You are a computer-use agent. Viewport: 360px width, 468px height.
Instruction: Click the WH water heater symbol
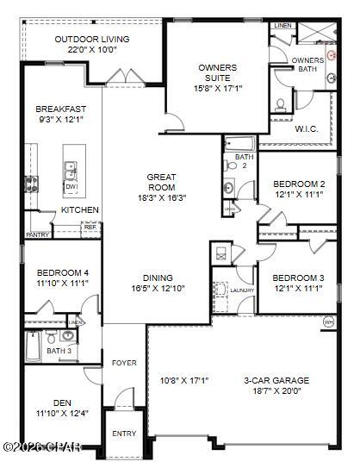point(328,321)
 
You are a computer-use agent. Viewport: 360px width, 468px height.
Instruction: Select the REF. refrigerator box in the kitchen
point(90,228)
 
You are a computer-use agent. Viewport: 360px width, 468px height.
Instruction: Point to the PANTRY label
point(37,234)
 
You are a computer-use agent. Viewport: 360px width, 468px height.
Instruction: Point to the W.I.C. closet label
point(307,129)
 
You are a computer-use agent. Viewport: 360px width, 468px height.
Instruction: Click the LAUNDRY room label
point(242,290)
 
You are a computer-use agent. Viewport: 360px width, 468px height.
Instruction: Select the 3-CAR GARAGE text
point(276,379)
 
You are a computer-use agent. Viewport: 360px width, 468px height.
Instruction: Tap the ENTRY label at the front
point(124,434)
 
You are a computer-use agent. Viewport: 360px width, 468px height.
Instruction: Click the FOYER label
point(124,363)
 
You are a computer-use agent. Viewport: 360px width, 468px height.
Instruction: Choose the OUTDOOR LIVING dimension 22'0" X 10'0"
point(91,50)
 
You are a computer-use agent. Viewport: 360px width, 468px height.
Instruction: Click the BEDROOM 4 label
point(62,272)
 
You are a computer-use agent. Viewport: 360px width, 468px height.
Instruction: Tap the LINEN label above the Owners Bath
point(282,27)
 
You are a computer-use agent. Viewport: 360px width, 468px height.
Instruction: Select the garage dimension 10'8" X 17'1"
point(184,380)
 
